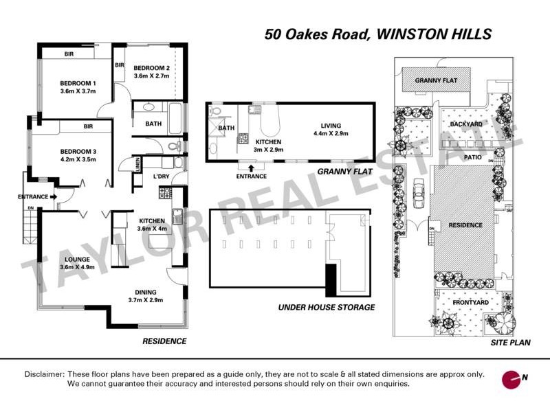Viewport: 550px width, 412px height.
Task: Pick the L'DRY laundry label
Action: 161,176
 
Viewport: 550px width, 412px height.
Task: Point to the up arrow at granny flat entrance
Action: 250,167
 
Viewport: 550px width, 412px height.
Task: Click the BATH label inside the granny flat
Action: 225,128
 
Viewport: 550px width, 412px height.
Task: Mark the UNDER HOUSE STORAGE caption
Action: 326,307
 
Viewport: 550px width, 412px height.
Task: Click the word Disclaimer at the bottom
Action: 45,374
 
